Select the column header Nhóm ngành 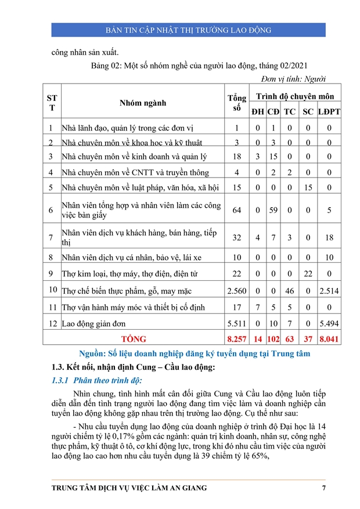[x=142, y=103]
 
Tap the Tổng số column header [x=236, y=103]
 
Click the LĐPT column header [x=329, y=111]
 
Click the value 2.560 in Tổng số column [x=236, y=291]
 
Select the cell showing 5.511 [x=236, y=323]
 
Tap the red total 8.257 [x=236, y=338]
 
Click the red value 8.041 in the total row [x=329, y=338]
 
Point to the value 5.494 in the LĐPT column [x=329, y=323]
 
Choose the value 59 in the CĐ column [x=273, y=210]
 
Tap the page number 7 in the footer [x=324, y=488]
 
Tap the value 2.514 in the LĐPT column [x=329, y=291]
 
